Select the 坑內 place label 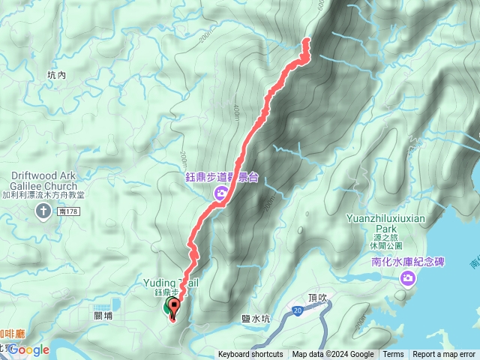click(56, 75)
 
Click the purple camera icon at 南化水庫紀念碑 click(407, 279)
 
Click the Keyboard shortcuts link click(250, 355)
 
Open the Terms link click(393, 355)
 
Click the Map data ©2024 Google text click(333, 355)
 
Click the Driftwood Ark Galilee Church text click(44, 180)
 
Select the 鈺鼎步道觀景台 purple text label click(222, 178)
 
